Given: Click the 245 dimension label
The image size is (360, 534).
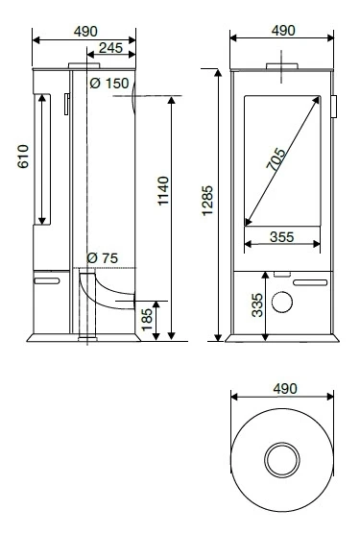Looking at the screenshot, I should [x=108, y=46].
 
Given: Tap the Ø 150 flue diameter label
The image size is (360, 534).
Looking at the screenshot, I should [x=108, y=85].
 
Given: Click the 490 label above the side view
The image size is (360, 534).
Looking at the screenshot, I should [x=84, y=30].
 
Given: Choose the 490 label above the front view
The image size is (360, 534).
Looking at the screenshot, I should [x=282, y=30].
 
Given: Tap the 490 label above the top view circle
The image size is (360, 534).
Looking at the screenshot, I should [x=282, y=388].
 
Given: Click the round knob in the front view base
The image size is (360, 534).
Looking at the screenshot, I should [x=282, y=303].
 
